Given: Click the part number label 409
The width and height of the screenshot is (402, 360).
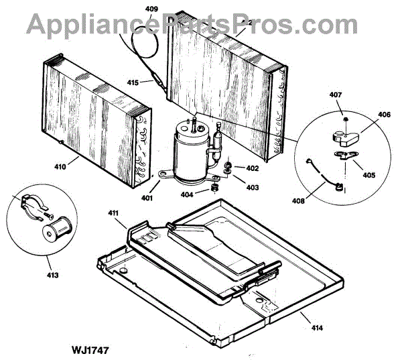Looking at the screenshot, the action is [x=152, y=9].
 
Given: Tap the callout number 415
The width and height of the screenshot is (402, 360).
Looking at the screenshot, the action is [x=133, y=82].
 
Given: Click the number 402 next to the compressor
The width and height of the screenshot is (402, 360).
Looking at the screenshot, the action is [x=252, y=168].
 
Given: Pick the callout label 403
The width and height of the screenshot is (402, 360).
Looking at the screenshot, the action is [x=252, y=188].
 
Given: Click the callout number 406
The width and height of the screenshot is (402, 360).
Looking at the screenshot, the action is [x=383, y=115].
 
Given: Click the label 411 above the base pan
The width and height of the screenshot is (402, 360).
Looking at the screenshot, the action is [x=113, y=213].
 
